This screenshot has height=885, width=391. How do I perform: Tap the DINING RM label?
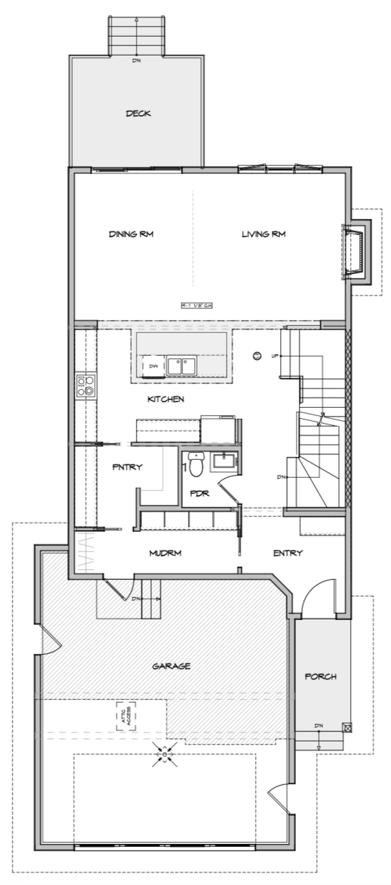coord(130,234)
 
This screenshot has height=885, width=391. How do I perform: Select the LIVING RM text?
coord(263,234)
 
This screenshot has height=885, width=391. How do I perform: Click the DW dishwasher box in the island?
coord(153,366)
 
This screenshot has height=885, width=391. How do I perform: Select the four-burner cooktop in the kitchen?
coord(85,386)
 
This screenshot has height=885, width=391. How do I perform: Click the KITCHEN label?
coord(166,399)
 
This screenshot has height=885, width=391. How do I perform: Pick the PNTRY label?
coord(127,467)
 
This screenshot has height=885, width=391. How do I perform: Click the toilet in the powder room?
coord(195,466)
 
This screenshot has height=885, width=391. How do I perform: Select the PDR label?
coord(200,494)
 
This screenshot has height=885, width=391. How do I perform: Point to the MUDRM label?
coord(166,553)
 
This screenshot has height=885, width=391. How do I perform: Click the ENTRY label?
coord(287,553)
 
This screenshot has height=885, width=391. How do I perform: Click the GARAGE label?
coord(171,666)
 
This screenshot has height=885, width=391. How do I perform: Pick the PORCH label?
coord(320,676)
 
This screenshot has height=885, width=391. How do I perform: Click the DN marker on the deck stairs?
coord(137,60)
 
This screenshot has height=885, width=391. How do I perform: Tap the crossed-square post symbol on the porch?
coord(347,728)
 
